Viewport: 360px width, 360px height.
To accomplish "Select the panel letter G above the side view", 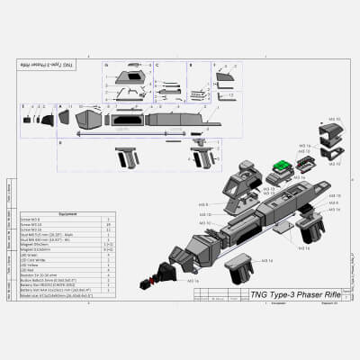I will coord(105,66).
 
